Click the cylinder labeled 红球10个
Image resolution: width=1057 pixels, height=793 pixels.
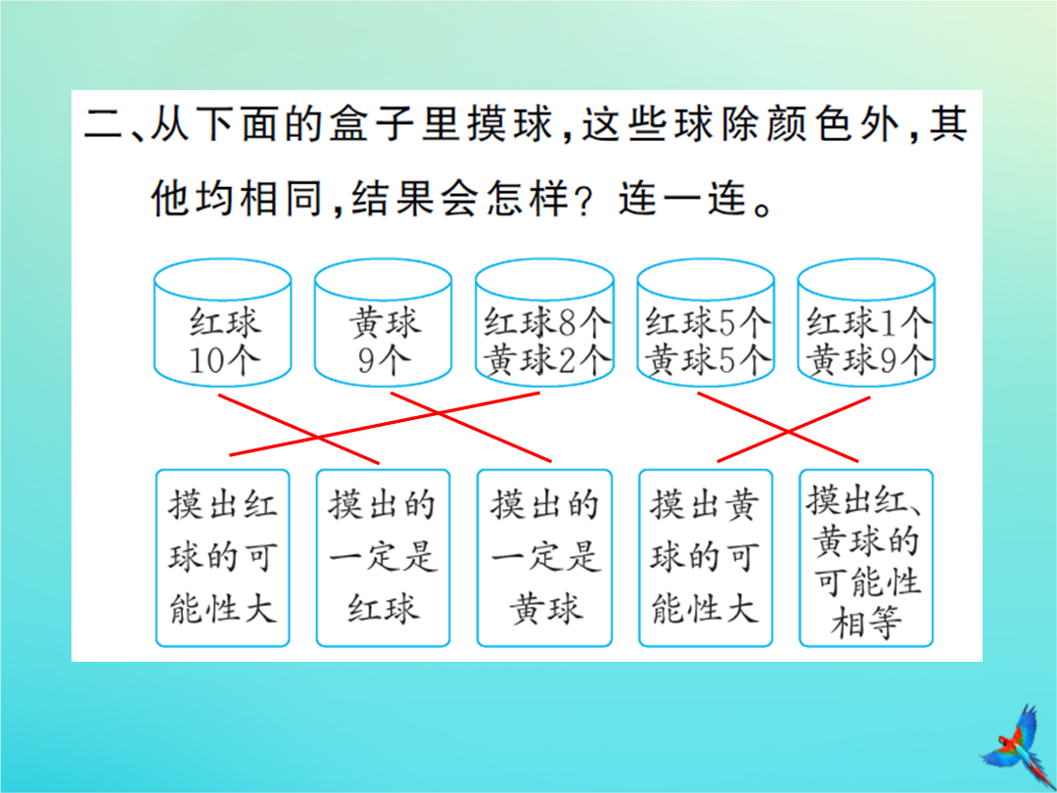tap(222, 322)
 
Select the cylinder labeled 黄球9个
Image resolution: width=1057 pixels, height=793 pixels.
tap(383, 322)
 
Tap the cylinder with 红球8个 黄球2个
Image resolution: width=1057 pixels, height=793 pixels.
tap(545, 322)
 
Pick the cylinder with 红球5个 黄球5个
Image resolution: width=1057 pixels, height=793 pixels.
tap(706, 322)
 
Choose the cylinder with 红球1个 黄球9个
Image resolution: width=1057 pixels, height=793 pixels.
tap(866, 322)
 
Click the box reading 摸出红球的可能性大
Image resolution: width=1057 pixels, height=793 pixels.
tap(222, 558)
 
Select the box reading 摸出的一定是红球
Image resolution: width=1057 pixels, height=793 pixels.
tap(383, 558)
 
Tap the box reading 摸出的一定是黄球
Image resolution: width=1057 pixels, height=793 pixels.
tap(545, 558)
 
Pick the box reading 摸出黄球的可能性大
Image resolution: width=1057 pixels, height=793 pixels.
tap(706, 558)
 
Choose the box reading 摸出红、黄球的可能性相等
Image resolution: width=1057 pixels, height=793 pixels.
tap(866, 558)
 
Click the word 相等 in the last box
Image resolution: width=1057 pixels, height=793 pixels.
tap(865, 622)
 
